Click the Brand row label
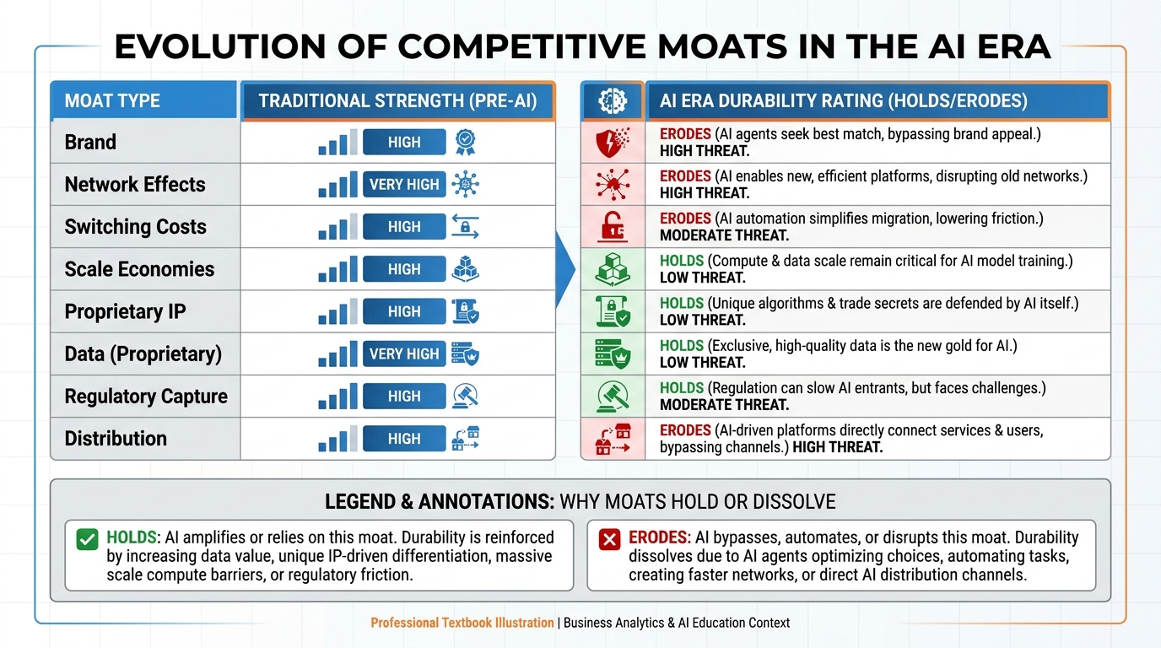tap(90, 142)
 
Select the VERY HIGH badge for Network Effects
tap(404, 184)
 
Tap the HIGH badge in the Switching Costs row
tap(404, 226)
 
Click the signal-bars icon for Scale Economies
tap(337, 270)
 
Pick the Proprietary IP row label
tap(125, 311)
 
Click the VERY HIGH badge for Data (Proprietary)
tap(404, 354)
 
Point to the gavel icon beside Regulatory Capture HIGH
tap(466, 396)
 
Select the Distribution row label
tap(116, 439)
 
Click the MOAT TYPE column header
tap(112, 101)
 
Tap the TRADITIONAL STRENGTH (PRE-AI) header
tap(397, 101)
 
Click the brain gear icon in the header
tap(613, 101)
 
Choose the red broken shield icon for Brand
tap(613, 143)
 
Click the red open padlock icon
tap(613, 227)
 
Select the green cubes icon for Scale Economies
tap(613, 270)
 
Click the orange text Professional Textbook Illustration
tap(462, 623)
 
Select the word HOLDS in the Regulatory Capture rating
tap(682, 388)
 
